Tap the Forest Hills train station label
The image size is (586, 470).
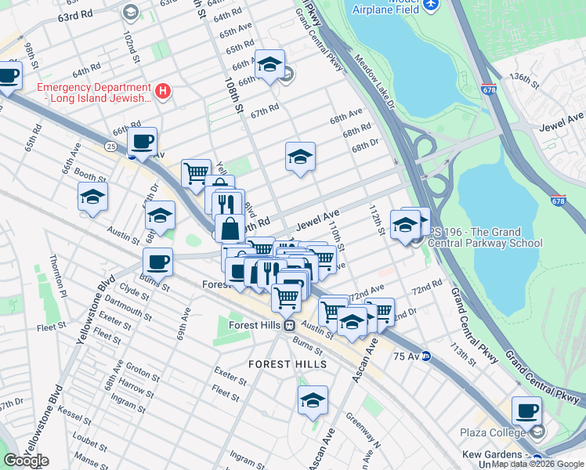(253, 325)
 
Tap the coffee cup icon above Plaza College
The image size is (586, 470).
(526, 410)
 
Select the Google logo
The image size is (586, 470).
(26, 461)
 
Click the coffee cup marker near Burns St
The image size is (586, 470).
(157, 262)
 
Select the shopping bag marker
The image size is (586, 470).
(230, 230)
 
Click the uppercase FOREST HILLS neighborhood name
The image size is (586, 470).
(282, 365)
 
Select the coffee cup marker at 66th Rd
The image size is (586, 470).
(142, 142)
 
